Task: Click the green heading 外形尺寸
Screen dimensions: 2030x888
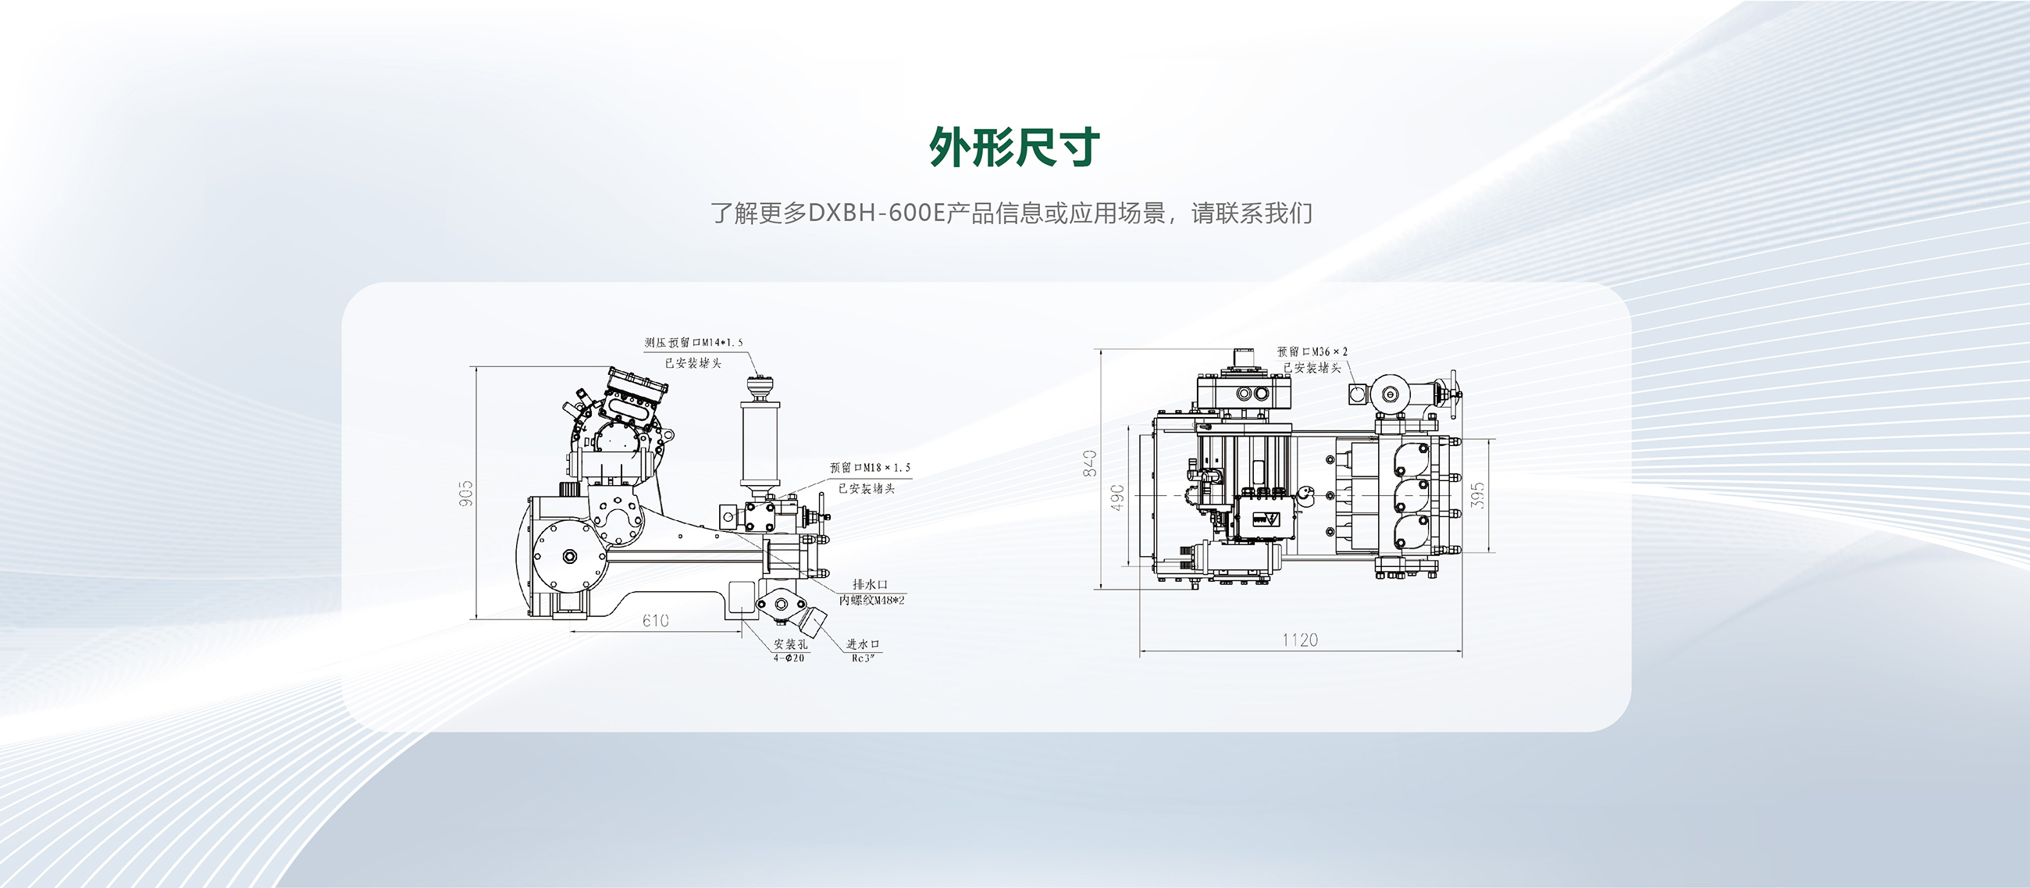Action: pos(1014,147)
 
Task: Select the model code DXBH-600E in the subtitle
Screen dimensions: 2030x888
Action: pos(876,213)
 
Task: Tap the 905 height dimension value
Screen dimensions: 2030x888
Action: pos(466,493)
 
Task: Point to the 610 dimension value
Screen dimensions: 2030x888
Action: pos(655,621)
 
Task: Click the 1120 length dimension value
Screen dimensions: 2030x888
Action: pos(1299,640)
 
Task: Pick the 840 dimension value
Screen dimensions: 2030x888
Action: pos(1090,462)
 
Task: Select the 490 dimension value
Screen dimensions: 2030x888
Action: pos(1117,497)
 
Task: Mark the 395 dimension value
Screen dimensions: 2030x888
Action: pos(1477,496)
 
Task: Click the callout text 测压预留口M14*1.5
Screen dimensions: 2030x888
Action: pos(693,343)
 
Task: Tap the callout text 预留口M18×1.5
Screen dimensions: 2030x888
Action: pos(869,468)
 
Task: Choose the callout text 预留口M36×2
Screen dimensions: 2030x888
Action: pos(1312,351)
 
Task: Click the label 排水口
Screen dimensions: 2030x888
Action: pos(870,585)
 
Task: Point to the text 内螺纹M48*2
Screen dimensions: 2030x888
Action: pos(871,601)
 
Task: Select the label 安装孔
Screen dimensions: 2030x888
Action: pos(789,644)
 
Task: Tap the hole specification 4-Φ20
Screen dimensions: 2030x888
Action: pos(789,658)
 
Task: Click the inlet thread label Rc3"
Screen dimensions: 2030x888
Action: pos(863,658)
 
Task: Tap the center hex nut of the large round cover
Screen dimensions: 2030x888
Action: pos(570,556)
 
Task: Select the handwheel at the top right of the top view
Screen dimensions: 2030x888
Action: pos(1451,391)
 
